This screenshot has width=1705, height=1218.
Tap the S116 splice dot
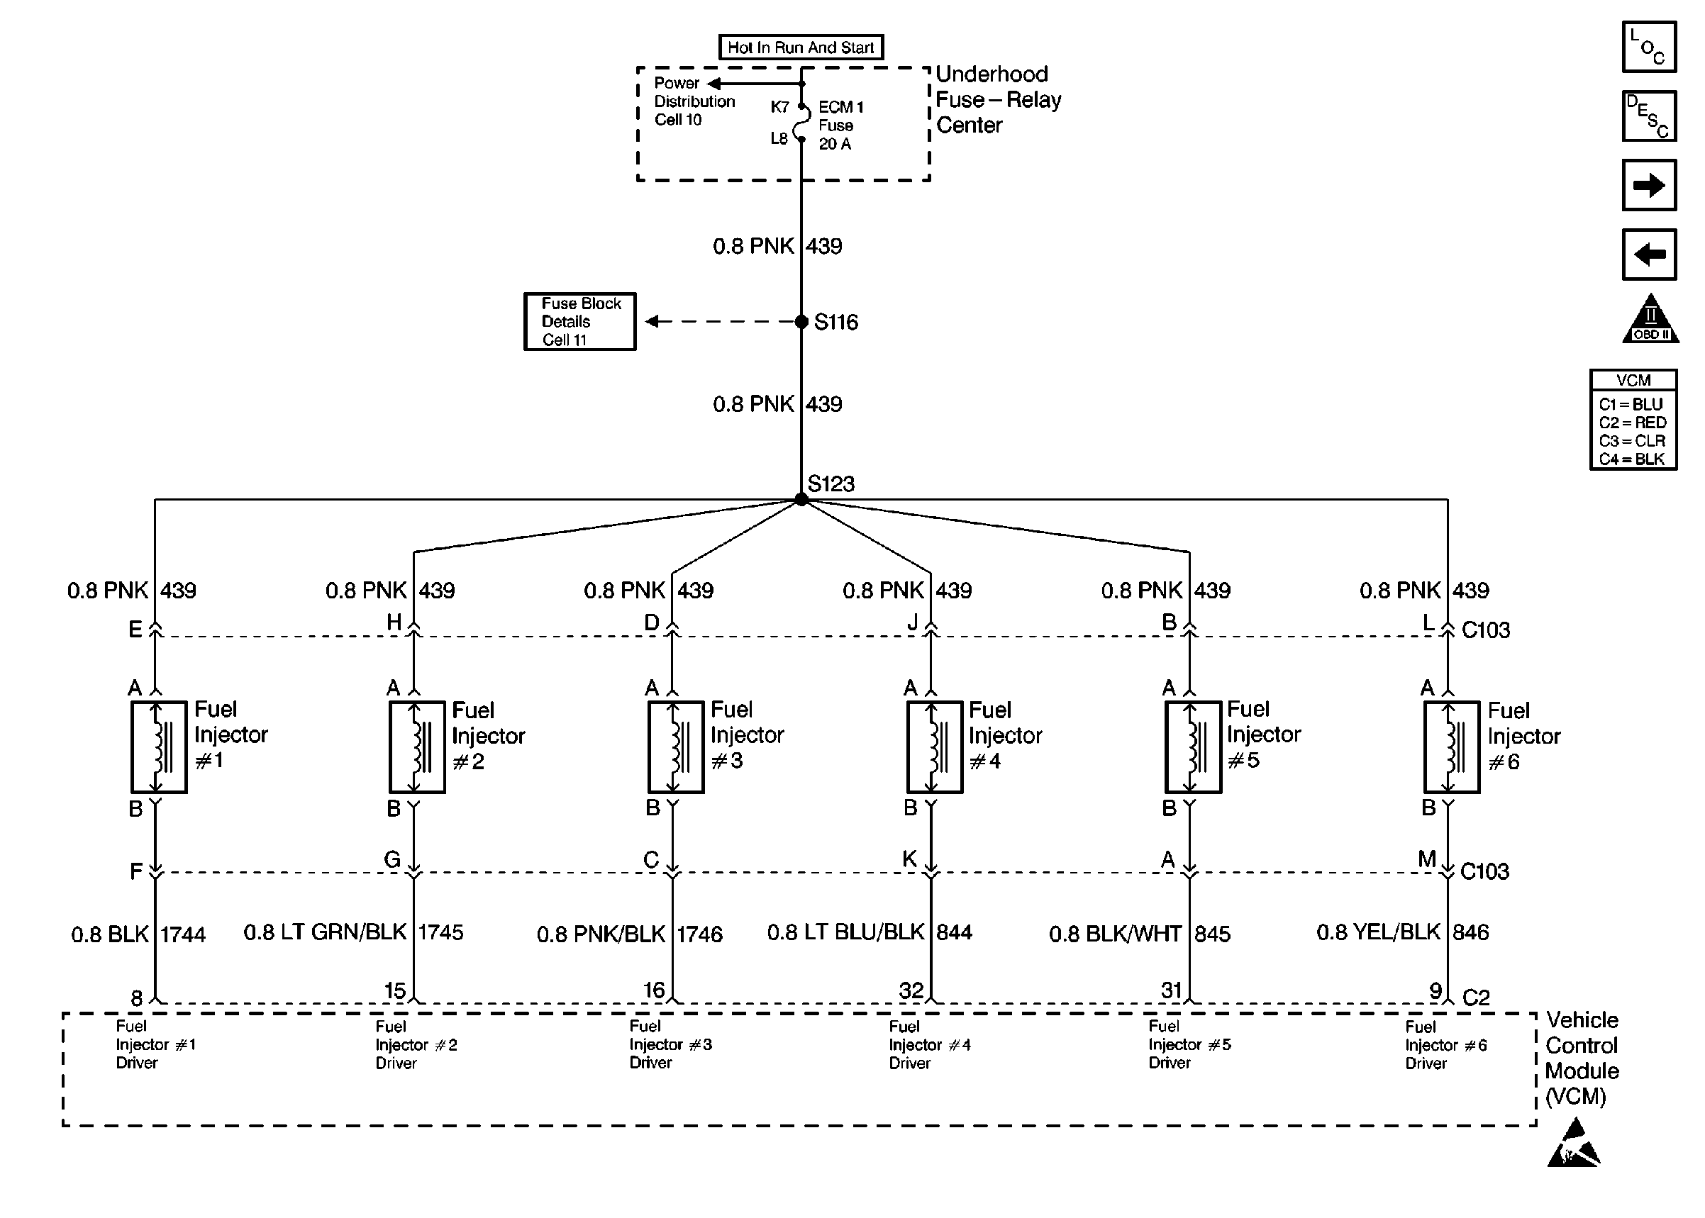(801, 322)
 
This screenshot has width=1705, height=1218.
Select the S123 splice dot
(801, 498)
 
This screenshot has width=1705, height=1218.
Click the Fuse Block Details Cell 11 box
(580, 321)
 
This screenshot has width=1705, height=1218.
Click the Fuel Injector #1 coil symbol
(159, 747)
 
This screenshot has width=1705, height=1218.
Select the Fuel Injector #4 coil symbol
(935, 747)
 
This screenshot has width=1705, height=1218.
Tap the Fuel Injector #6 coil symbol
(1452, 747)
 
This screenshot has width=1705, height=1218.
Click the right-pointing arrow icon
(1649, 185)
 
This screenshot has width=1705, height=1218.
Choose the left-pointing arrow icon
(1649, 255)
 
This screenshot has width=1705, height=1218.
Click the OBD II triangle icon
(1650, 319)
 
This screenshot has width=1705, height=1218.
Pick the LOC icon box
(1649, 47)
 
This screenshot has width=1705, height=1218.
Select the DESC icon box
(1649, 116)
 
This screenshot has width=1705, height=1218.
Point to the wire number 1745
(440, 932)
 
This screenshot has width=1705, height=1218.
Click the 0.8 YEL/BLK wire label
(1378, 932)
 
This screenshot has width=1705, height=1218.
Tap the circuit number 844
(954, 932)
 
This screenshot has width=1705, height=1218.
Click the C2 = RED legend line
(1632, 423)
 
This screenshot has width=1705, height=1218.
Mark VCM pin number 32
(911, 990)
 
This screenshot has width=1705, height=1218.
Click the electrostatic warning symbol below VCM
(1573, 1143)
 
